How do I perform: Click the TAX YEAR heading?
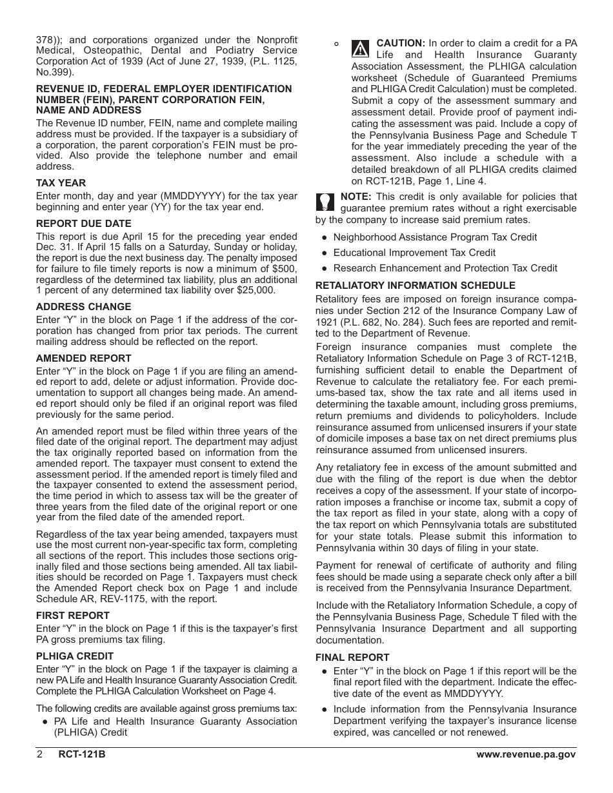[61, 183]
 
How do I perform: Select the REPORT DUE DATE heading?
[83, 224]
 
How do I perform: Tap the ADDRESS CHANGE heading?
[83, 307]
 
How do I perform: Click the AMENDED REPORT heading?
[83, 358]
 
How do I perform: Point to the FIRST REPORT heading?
[72, 616]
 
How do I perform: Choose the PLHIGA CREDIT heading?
[74, 656]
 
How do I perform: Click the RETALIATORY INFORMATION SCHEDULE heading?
[415, 286]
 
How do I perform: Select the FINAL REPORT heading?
[352, 658]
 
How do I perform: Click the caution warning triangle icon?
[361, 48]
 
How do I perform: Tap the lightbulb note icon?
[325, 202]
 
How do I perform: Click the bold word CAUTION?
[401, 43]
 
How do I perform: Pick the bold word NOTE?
[356, 197]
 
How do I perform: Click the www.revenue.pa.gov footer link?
[526, 755]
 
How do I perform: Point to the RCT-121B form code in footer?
[81, 755]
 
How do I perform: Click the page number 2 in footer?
[39, 755]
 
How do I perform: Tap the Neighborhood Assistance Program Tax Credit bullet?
[435, 237]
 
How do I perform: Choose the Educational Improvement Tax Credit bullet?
[414, 253]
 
